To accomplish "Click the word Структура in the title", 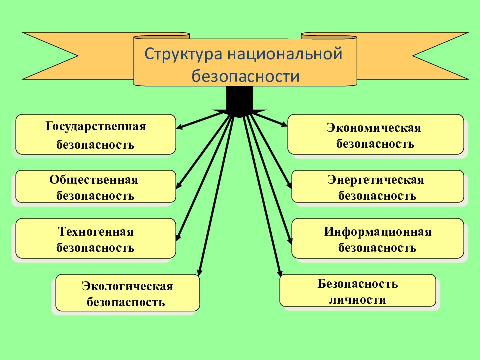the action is click(183, 55).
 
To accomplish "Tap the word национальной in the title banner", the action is click(285, 54).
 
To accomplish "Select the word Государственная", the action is click(96, 127).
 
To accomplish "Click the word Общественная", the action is click(94, 180).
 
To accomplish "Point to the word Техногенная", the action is click(96, 231).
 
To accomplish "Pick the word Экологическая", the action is click(127, 286).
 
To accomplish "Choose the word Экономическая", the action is click(374, 128).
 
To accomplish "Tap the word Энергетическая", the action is click(376, 180).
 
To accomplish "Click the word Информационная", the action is click(378, 232).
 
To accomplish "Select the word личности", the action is click(358, 300).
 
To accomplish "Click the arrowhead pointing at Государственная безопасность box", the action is click(180, 126).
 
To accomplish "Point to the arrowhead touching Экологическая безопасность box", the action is click(200, 272).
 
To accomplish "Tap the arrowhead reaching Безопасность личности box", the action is click(279, 272).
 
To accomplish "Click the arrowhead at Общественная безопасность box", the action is click(179, 185).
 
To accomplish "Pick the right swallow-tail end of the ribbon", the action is click(441, 56).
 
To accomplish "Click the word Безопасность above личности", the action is click(358, 284).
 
